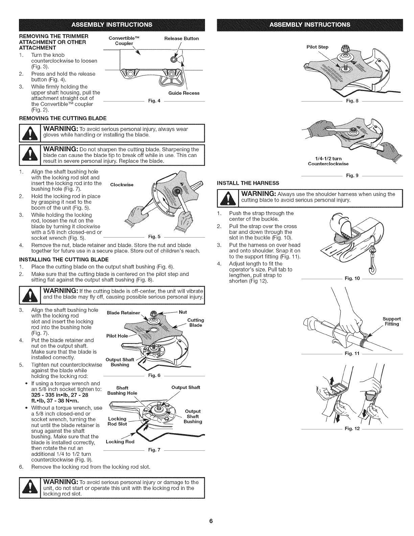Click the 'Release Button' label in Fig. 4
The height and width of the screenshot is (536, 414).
(x=181, y=38)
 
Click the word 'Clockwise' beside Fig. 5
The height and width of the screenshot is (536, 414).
(x=122, y=185)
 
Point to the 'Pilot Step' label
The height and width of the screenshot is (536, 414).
(x=319, y=47)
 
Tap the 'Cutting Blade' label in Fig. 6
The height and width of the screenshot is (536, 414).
(x=195, y=322)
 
